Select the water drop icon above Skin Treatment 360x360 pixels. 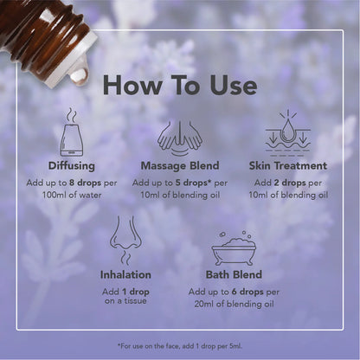(287, 132)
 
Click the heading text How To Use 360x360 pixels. (179, 85)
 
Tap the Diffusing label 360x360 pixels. (71, 165)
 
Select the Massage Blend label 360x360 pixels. (179, 165)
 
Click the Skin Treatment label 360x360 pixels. (287, 165)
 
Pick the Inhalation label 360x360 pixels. (125, 275)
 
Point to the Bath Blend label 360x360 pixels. (234, 275)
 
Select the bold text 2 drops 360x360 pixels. (288, 183)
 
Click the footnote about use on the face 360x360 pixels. (179, 344)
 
